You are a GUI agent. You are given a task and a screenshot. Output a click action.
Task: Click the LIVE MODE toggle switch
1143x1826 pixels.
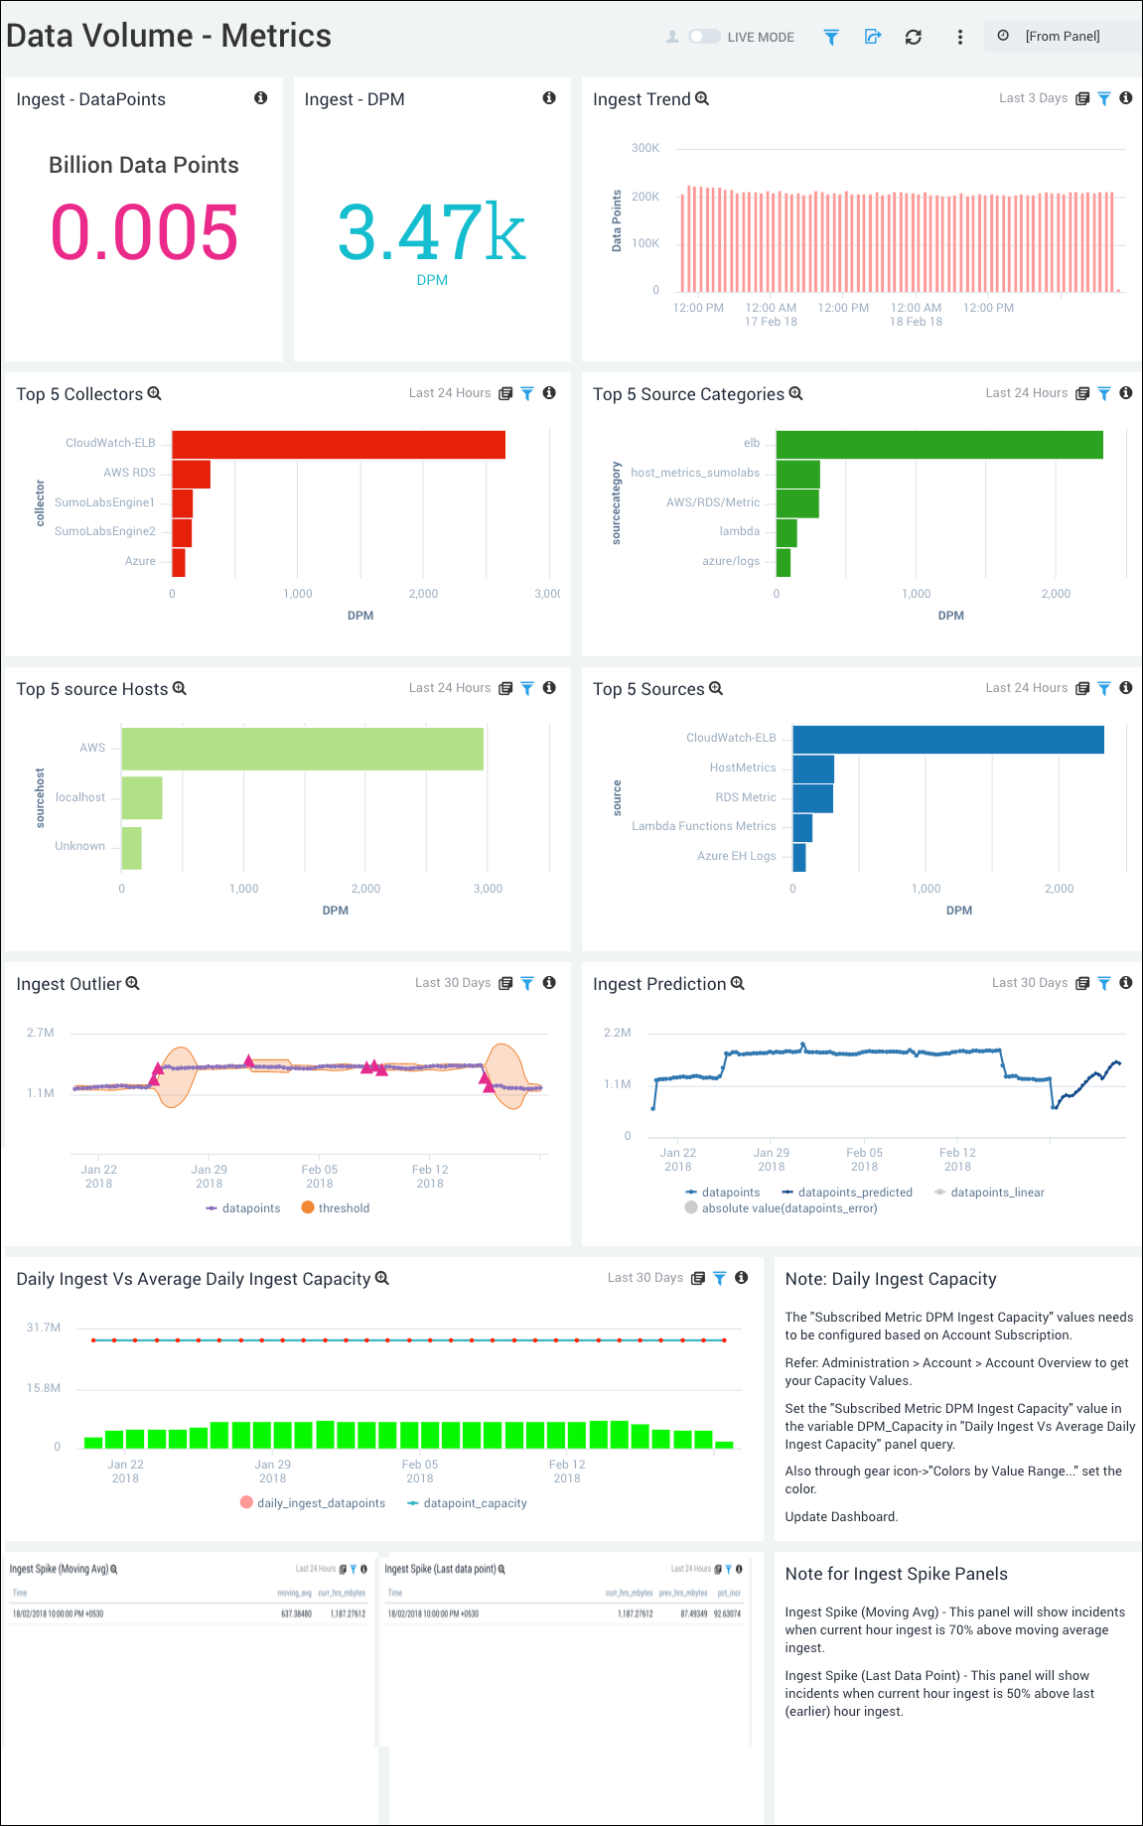704,37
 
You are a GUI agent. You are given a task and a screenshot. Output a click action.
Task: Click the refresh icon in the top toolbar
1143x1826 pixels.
913,37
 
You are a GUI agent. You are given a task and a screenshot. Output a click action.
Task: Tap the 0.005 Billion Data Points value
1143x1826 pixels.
144,232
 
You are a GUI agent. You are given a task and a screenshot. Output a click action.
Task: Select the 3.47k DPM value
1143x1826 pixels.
432,233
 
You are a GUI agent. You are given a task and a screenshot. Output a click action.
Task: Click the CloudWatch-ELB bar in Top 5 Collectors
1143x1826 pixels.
338,445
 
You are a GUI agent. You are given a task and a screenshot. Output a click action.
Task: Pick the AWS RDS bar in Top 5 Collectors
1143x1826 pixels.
191,474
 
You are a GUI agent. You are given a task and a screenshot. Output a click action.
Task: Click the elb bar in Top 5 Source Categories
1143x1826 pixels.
938,445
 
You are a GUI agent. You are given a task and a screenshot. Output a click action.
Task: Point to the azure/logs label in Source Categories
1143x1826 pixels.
730,561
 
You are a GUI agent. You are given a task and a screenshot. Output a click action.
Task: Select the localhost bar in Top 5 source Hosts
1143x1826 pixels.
142,797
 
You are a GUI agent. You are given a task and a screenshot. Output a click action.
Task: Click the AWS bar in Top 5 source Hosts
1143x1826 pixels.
302,749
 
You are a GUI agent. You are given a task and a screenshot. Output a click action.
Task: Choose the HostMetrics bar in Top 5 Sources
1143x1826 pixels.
813,769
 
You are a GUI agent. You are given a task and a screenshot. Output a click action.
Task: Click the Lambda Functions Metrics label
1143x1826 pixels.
703,826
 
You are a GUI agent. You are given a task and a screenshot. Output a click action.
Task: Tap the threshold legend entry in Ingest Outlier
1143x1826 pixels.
344,1208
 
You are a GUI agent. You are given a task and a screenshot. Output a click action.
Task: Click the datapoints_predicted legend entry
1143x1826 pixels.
854,1193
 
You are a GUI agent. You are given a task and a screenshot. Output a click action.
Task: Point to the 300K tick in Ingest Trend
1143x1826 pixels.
645,148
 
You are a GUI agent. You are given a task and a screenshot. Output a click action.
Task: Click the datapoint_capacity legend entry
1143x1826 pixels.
475,1503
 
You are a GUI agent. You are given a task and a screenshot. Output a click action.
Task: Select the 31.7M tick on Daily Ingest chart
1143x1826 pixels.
44,1328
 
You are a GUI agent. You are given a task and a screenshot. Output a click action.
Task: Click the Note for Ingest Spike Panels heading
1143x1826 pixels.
896,1574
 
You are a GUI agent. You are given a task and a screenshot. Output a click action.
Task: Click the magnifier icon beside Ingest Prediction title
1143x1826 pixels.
737,983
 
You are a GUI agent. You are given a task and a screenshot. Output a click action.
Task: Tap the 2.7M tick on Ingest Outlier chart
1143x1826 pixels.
41,1033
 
